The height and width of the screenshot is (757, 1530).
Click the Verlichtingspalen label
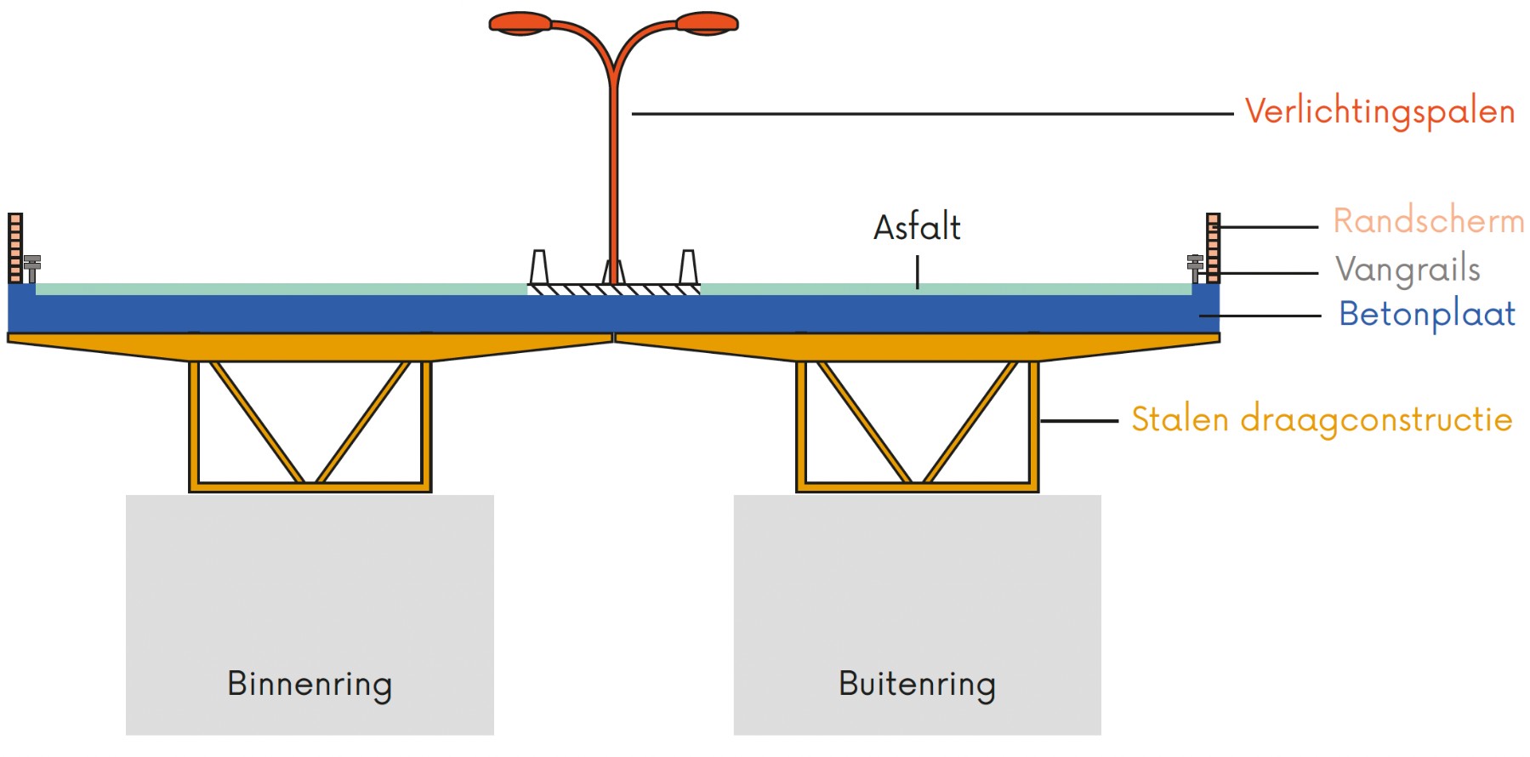[x=1379, y=112]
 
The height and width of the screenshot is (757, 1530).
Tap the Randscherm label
[x=1427, y=221]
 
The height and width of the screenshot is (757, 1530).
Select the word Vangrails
[x=1408, y=270]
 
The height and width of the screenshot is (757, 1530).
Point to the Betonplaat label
[x=1426, y=315]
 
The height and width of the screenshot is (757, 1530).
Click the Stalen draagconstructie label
[x=1321, y=420]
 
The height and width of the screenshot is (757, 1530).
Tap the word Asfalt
[x=917, y=228]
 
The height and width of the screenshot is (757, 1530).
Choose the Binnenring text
[x=310, y=685]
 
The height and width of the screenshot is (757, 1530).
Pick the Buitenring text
[x=917, y=685]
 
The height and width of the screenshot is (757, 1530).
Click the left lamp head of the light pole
[x=520, y=23]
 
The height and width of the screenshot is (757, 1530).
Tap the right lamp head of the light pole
[x=707, y=23]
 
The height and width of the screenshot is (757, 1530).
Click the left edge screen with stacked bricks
[x=15, y=248]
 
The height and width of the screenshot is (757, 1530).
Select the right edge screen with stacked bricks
[x=1213, y=248]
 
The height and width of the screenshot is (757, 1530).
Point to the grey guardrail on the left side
[x=32, y=267]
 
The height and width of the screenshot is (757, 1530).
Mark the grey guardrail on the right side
[x=1195, y=267]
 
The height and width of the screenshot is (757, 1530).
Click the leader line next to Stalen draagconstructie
[x=1078, y=420]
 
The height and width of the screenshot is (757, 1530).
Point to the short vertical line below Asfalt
[x=917, y=272]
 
